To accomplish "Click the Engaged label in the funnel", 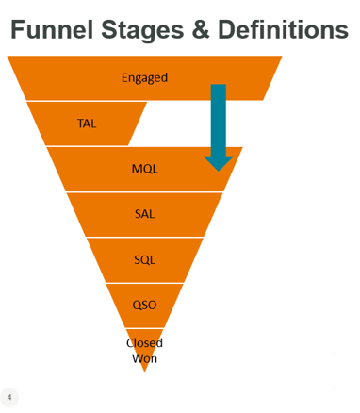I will click(144, 77).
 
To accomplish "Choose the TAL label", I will click(86, 123).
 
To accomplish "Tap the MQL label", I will click(144, 169).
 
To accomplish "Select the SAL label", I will click(144, 214).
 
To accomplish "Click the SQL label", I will click(144, 259).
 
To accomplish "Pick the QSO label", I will click(144, 305).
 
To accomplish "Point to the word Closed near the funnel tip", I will click(144, 343).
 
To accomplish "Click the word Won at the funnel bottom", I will click(144, 357).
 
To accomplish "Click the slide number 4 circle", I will click(9, 397).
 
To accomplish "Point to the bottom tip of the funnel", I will click(144, 370).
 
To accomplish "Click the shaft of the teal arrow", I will click(218, 113).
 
